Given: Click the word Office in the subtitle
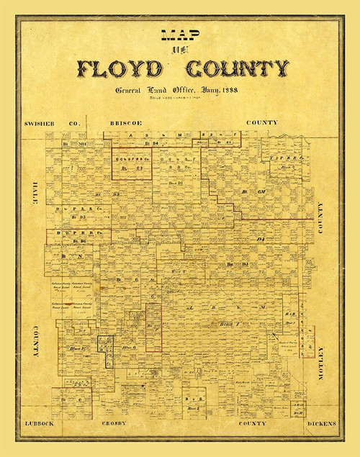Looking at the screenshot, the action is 191,91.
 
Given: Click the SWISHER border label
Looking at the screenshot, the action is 37,123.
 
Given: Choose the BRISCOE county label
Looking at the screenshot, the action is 125,123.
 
